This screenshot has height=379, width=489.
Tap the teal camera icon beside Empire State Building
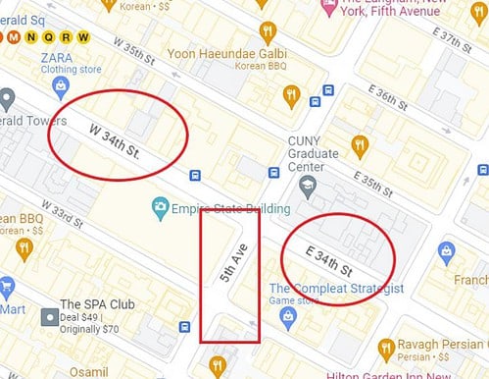pos(159,208)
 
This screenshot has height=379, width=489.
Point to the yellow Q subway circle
pos(49,38)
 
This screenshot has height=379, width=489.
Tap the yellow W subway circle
pos(84,38)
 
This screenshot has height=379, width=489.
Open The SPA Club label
pos(89,303)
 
